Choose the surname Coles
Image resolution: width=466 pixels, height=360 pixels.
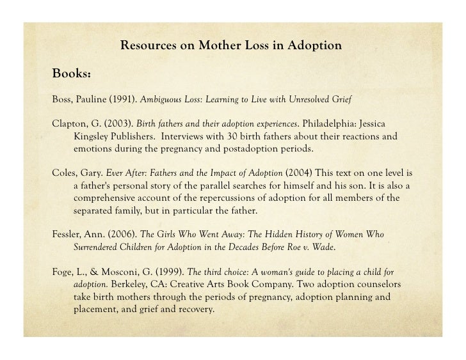click(63, 173)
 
